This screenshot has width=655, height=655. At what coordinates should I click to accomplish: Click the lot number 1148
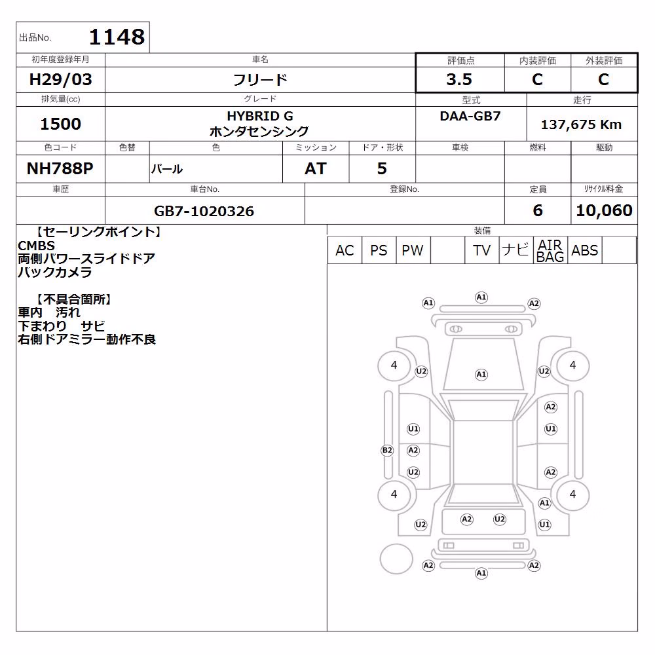[x=117, y=37]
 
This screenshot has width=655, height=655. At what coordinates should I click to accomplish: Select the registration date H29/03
[x=60, y=79]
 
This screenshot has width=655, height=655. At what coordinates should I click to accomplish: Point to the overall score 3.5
[x=459, y=79]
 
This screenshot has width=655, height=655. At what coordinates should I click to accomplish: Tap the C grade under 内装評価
[x=537, y=79]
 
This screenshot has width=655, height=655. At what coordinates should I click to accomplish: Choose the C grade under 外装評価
[x=603, y=79]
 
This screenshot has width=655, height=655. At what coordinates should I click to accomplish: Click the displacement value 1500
[x=60, y=124]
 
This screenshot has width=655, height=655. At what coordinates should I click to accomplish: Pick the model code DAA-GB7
[x=470, y=116]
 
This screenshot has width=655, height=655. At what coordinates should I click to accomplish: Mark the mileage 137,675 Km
[x=581, y=124]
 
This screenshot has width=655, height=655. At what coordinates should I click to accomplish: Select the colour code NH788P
[x=60, y=168]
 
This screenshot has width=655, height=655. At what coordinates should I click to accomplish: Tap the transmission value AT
[x=316, y=168]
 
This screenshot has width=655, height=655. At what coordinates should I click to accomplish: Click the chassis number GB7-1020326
[x=204, y=211]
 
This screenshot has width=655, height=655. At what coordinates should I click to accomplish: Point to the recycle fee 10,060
[x=604, y=210]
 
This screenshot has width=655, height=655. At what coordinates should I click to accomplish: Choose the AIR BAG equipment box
[x=551, y=250]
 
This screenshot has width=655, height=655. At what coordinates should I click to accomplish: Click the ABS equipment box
[x=585, y=250]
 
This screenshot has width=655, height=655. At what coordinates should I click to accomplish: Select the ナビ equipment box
[x=516, y=250]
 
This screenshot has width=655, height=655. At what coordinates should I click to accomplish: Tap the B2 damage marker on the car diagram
[x=387, y=451]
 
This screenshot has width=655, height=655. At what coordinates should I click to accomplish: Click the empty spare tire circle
[x=396, y=559]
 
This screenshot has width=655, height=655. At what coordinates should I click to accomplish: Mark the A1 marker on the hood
[x=481, y=375]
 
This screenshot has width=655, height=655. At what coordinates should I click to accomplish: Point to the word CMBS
[x=36, y=246]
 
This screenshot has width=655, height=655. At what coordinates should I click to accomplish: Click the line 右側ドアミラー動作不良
[x=87, y=339]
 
